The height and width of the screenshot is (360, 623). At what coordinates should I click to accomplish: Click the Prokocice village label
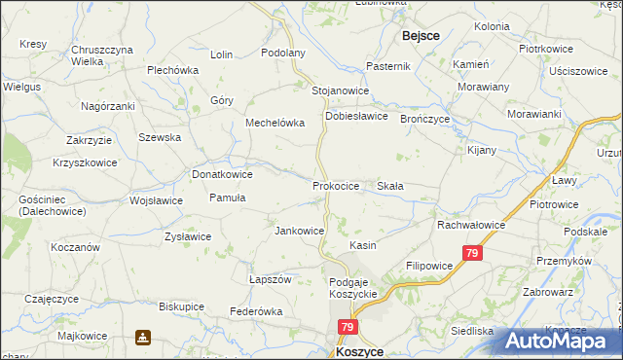337,185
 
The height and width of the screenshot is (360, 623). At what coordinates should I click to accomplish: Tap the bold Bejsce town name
420,35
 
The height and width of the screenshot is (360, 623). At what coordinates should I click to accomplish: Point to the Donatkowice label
223,174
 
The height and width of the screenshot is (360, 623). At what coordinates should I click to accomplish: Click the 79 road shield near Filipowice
472,253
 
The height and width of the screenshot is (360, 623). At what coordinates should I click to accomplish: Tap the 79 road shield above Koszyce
348,328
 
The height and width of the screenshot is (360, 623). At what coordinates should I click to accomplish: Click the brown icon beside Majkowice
143,337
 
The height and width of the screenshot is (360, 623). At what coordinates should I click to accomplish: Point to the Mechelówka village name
275,124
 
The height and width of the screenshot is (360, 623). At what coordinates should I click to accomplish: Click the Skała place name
390,185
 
